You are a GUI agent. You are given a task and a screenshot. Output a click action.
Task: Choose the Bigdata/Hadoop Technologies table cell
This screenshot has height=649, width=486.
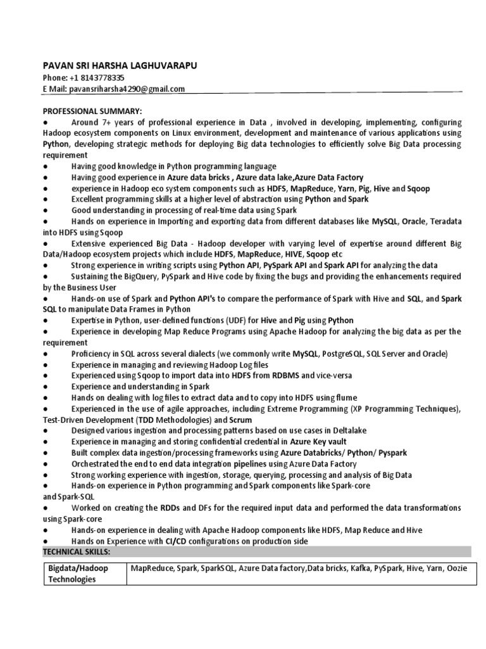[x=78, y=574]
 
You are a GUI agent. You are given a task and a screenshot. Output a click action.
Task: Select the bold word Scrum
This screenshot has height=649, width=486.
[x=240, y=420]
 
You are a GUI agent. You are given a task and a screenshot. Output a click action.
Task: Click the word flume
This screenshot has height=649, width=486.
[x=346, y=398]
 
